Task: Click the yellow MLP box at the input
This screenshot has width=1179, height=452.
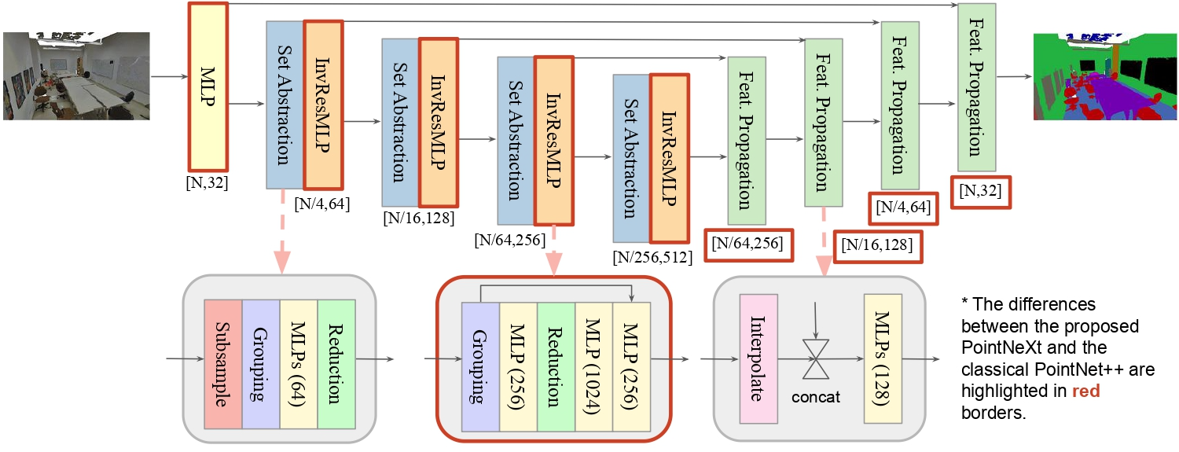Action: coord(208,87)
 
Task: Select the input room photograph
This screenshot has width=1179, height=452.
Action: coord(76,75)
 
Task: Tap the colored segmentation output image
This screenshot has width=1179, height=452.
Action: coord(1103,75)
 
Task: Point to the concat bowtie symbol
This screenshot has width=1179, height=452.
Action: coord(817,360)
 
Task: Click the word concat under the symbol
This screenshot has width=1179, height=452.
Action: coord(817,397)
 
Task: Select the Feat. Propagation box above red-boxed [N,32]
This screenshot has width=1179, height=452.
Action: coord(975,86)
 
